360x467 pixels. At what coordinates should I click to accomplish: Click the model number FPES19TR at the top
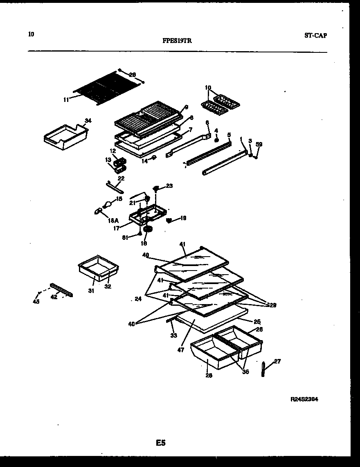pos(178,41)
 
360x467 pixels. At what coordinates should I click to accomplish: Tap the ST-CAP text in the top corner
pos(315,35)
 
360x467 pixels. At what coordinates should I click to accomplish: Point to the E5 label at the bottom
pos(160,442)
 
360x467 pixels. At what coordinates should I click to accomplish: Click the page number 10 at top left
pos(32,34)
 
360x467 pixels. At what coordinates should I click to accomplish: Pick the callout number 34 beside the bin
pos(88,120)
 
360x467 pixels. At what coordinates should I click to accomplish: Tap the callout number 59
pos(259,144)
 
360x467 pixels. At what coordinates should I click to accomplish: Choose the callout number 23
pos(169,186)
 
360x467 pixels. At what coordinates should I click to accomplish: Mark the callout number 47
pos(181,350)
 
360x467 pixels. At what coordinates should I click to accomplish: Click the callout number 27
pos(277,361)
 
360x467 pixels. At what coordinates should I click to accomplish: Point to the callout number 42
pos(54,297)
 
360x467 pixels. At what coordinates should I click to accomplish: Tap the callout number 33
pos(173,336)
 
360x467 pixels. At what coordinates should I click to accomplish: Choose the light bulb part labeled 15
pos(108,203)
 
